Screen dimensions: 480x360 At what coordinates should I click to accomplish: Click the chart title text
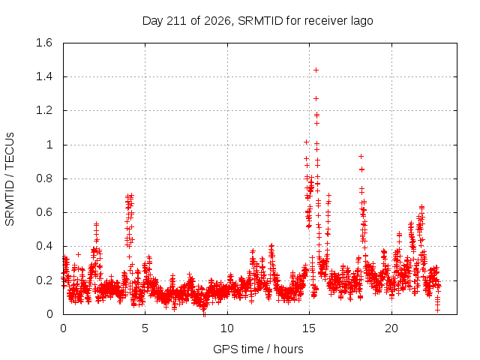pyautogui.click(x=258, y=21)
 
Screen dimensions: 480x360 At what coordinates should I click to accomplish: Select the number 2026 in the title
pyautogui.click(x=217, y=21)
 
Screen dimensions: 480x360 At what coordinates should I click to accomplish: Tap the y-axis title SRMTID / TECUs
pyautogui.click(x=10, y=179)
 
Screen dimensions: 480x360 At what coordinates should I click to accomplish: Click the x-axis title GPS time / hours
pyautogui.click(x=258, y=349)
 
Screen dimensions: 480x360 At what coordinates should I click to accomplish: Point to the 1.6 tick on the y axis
pyautogui.click(x=44, y=43)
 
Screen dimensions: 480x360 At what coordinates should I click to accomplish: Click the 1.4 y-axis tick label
pyautogui.click(x=44, y=76)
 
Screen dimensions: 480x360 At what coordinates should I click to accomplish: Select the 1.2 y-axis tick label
pyautogui.click(x=44, y=110)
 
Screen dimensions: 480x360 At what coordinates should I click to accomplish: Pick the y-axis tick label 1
pyautogui.click(x=49, y=145)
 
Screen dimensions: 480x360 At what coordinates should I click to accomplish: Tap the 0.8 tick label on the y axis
pyautogui.click(x=44, y=178)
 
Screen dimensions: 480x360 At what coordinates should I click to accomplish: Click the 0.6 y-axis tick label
pyautogui.click(x=44, y=212)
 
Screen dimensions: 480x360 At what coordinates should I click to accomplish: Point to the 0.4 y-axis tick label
pyautogui.click(x=44, y=246)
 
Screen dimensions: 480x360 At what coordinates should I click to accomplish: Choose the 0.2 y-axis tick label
pyautogui.click(x=44, y=280)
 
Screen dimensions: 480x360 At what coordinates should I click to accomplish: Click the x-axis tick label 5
pyautogui.click(x=145, y=328)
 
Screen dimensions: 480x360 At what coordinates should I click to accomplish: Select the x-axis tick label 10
pyautogui.click(x=227, y=328)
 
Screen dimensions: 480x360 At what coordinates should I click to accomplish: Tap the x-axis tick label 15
pyautogui.click(x=309, y=328)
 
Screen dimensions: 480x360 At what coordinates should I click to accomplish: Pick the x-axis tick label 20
pyautogui.click(x=391, y=328)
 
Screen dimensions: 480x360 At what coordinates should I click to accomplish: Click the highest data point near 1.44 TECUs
pyautogui.click(x=316, y=70)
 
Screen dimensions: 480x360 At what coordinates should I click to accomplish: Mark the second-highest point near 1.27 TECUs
pyautogui.click(x=316, y=98)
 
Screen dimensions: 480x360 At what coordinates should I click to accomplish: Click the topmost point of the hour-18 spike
pyautogui.click(x=361, y=157)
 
